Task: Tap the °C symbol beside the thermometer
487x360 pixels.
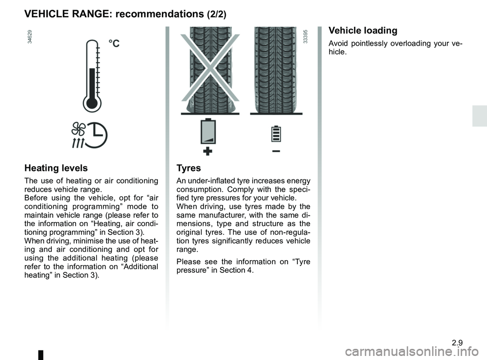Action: (114, 44)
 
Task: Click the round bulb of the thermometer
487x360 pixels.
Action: (91, 103)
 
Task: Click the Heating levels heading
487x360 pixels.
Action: (56, 168)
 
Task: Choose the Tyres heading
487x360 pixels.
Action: (189, 168)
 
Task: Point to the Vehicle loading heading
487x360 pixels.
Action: (363, 30)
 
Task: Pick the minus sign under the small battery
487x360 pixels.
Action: (276, 151)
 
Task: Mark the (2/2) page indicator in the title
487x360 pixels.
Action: (217, 15)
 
